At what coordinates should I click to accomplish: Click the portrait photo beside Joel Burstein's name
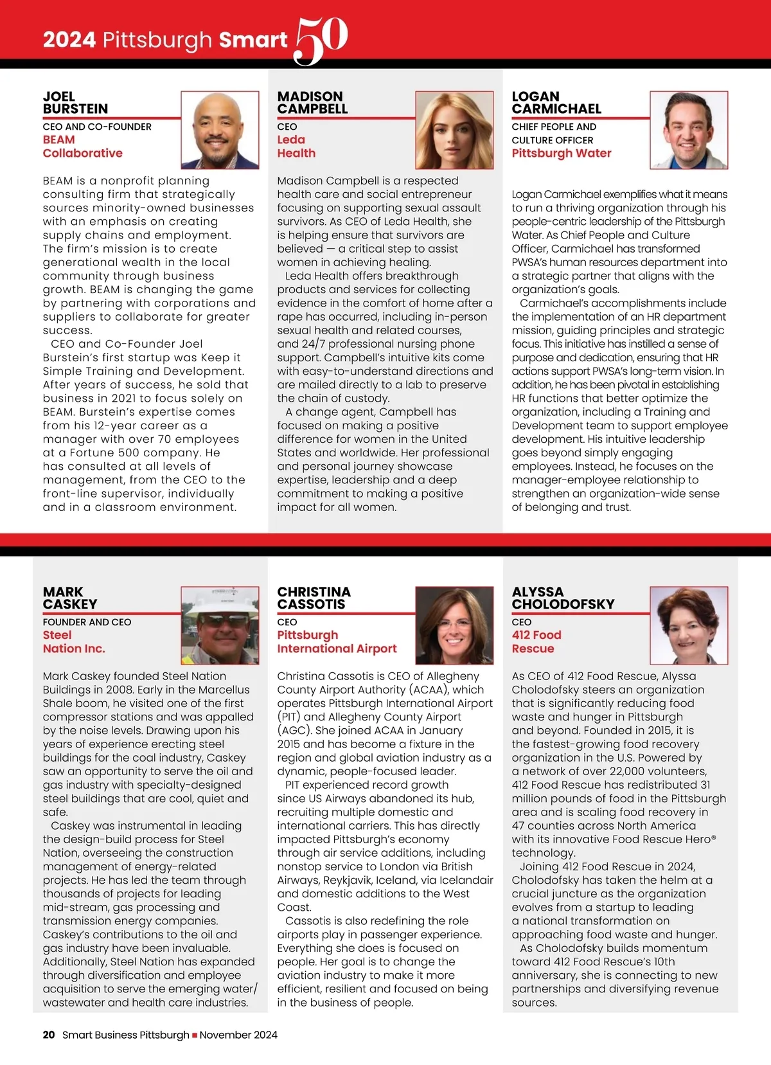[x=220, y=130]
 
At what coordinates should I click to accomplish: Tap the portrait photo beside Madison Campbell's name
[x=454, y=130]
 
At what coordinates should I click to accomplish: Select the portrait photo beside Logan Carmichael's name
[x=689, y=130]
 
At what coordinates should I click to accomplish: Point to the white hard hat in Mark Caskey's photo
[x=220, y=602]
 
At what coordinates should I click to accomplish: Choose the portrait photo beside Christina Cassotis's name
[x=454, y=625]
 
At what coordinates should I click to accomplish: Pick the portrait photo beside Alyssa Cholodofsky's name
[x=689, y=625]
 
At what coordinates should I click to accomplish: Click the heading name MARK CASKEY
[x=70, y=598]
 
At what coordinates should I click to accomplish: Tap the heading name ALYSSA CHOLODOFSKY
[x=563, y=598]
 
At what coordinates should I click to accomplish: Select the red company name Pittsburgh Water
[x=562, y=153]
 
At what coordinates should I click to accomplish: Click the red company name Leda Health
[x=296, y=147]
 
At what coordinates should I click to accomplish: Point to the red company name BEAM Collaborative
[x=82, y=147]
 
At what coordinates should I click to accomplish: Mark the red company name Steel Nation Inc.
[x=74, y=642]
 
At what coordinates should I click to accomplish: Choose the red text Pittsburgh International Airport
[x=337, y=642]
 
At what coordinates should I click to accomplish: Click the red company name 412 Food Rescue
[x=536, y=642]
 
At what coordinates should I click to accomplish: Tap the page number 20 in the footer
[x=49, y=1035]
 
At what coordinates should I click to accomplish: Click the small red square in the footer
[x=195, y=1035]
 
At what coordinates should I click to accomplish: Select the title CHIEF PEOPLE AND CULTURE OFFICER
[x=554, y=133]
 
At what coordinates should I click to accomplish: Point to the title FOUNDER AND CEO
[x=87, y=622]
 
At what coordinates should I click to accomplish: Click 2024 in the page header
[x=69, y=40]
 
